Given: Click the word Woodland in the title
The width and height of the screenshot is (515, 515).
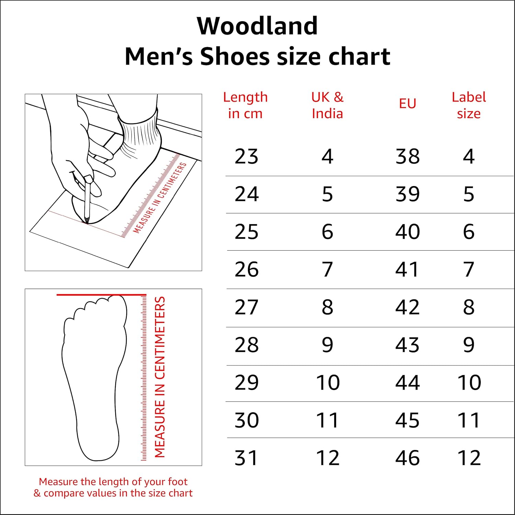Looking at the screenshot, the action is [x=257, y=26].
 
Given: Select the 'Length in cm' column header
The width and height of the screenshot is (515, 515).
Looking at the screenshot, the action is [x=245, y=105].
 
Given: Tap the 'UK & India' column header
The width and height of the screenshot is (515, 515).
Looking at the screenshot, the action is [x=327, y=105].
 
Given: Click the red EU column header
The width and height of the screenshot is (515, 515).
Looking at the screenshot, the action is [x=407, y=103].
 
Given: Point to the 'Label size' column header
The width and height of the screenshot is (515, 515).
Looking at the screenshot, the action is [x=469, y=105].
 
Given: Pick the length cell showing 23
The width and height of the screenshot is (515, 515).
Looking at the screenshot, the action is [x=246, y=157].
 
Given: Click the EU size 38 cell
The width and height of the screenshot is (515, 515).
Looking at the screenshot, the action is [x=407, y=157].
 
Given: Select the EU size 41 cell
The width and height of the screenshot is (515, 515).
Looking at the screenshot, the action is [x=407, y=270].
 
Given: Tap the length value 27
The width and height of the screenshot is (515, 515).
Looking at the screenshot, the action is [x=246, y=307].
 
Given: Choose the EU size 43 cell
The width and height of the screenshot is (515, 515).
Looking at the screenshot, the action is [x=407, y=345].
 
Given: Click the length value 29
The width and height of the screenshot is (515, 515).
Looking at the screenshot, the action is [x=246, y=382].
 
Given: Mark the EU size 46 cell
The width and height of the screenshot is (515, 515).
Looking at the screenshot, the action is [x=407, y=458].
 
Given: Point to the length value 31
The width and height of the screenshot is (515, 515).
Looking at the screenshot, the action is [x=246, y=458].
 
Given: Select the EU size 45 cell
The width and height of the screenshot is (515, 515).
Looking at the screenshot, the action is [x=407, y=420].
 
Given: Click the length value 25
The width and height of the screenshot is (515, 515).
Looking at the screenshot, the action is [x=246, y=232].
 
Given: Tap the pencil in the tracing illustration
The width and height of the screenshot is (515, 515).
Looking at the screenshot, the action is [x=87, y=203].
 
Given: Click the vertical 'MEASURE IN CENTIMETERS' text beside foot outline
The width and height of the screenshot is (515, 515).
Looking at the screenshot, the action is [x=160, y=377].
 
